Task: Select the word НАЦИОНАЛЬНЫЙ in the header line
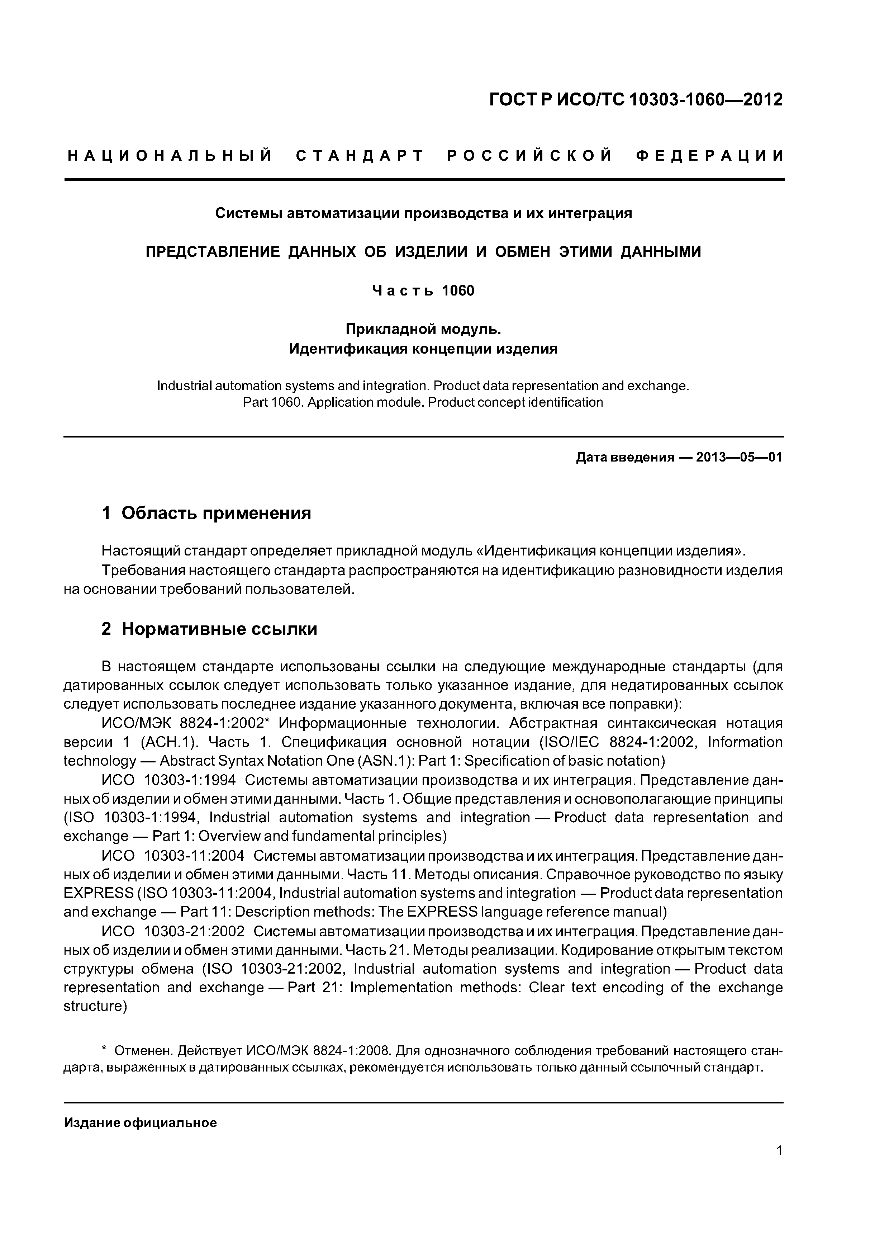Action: point(170,156)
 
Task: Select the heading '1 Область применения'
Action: point(206,514)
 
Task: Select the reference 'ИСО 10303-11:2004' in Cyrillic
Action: point(173,856)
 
